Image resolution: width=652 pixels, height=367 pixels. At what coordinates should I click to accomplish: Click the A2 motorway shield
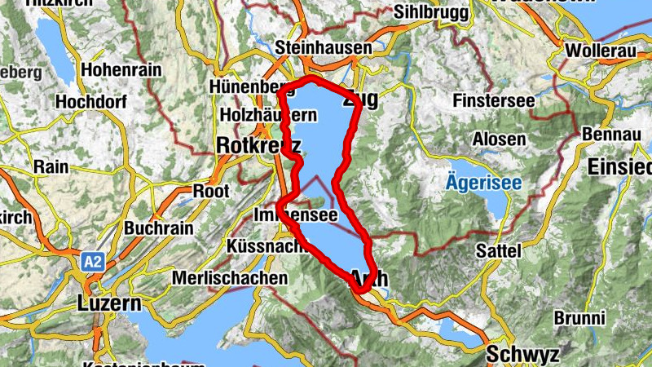coord(92,261)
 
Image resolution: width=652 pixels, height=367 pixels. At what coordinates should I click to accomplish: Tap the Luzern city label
coord(109,303)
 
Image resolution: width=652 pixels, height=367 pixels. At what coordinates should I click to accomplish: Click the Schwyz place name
coord(522,355)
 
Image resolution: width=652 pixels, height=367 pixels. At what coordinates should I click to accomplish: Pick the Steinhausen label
coord(324,48)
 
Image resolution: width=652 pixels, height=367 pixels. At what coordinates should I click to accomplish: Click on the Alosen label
coord(499,139)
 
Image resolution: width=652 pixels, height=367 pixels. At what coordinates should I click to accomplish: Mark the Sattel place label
coord(498,250)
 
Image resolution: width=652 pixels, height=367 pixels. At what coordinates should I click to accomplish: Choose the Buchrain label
coord(158,228)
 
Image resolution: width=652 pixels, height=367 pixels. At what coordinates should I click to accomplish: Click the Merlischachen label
coord(230,277)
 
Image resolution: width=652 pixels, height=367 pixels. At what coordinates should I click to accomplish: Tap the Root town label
coord(210,191)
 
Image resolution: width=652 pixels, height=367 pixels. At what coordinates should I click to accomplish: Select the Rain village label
coord(51,166)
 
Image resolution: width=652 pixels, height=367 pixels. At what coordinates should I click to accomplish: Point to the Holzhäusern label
coord(268,116)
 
